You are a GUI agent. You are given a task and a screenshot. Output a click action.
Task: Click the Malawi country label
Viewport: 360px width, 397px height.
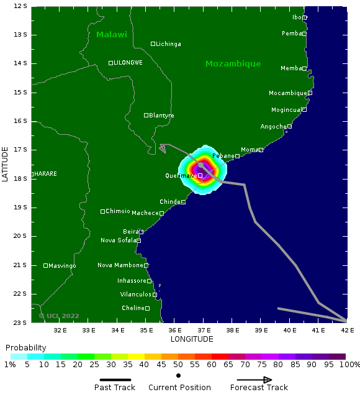112,35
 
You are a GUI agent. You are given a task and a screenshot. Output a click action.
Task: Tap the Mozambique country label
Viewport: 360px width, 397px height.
233,64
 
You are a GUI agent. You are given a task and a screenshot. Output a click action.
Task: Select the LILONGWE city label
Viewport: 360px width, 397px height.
128,63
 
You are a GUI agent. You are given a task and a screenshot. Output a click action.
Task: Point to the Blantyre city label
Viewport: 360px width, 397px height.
161,116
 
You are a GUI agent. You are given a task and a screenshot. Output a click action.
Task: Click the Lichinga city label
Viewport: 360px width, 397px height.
168,44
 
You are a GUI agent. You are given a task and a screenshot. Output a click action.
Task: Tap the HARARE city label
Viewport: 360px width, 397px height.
45,174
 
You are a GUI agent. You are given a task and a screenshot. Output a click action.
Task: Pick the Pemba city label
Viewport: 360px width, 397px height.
292,34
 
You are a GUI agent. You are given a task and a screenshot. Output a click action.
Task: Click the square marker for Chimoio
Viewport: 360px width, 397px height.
103,211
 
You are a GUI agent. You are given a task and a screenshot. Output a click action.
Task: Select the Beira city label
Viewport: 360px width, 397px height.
130,231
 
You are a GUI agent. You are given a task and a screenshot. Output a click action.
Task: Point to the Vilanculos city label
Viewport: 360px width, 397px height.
135,294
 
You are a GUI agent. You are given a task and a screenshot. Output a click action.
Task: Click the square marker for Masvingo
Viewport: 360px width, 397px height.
45,265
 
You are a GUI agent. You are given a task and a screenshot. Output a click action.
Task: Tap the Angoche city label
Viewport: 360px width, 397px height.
273,127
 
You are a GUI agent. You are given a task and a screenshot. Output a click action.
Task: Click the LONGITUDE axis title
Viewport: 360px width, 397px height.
192,339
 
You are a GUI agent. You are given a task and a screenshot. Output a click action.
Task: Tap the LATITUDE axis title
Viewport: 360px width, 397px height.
6,164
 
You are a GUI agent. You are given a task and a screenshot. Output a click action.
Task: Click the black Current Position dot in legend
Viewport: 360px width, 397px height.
178,375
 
